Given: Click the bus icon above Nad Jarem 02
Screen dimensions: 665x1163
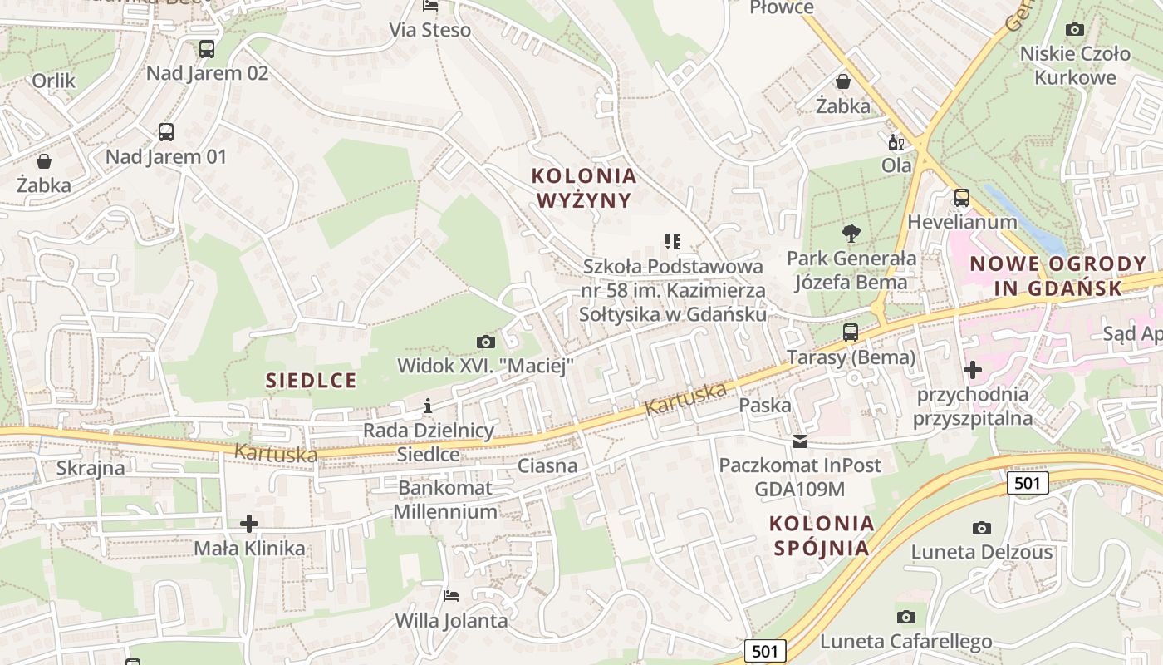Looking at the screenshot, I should pos(207,49).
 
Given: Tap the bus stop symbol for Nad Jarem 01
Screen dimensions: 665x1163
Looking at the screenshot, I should pos(166,131).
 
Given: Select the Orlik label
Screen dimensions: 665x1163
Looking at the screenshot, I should pos(54,81).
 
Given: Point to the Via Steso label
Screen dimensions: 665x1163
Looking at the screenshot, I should pos(430,31).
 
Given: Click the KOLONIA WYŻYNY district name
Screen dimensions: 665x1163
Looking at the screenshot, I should pos(584,188).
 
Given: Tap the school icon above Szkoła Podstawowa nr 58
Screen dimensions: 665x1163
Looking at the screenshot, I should pos(673,242).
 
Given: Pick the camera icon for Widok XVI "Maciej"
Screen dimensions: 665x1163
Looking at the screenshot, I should pos(485,342).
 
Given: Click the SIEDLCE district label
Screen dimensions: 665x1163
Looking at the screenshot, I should pos(311,381).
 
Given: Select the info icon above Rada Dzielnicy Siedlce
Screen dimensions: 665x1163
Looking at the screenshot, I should pos(428,406).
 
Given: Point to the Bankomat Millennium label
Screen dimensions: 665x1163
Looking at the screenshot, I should pos(444,500).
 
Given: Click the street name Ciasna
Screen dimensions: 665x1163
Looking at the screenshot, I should pos(547,465).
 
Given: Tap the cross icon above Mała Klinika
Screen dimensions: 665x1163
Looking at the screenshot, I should pos(249,524).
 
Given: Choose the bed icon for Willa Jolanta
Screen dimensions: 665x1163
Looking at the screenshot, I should pos(451,596).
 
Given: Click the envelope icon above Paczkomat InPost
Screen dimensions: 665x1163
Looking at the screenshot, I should pos(800,441).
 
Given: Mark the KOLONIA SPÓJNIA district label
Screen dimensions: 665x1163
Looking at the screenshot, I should pos(822,535).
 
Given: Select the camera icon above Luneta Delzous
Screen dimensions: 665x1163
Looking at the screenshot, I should pos(982,528).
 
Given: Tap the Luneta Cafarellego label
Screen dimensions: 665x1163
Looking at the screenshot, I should pos(906,642).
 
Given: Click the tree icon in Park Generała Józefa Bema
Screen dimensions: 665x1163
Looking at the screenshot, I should pos(851,234).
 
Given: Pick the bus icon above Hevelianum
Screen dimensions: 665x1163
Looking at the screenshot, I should pos(962,198).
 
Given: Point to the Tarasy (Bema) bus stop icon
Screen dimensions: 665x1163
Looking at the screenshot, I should pos(851,332).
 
